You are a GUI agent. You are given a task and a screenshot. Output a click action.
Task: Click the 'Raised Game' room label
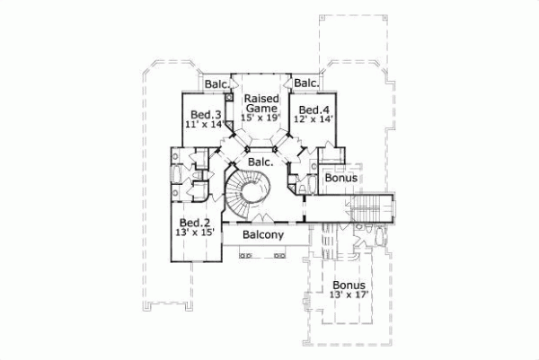pyautogui.click(x=261, y=101)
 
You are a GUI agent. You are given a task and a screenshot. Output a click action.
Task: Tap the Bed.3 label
pyautogui.click(x=206, y=115)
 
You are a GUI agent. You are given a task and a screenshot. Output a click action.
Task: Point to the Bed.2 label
pyautogui.click(x=195, y=223)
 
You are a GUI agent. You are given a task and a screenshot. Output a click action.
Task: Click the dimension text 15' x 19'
pyautogui.click(x=261, y=117)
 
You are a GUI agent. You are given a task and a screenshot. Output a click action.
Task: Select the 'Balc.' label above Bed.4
pyautogui.click(x=306, y=84)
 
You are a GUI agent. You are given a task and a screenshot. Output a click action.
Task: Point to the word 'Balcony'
pyautogui.click(x=262, y=235)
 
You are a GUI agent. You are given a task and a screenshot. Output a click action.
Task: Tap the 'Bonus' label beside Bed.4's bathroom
pyautogui.click(x=340, y=179)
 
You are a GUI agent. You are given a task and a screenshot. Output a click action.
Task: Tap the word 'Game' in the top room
pyautogui.click(x=261, y=107)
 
